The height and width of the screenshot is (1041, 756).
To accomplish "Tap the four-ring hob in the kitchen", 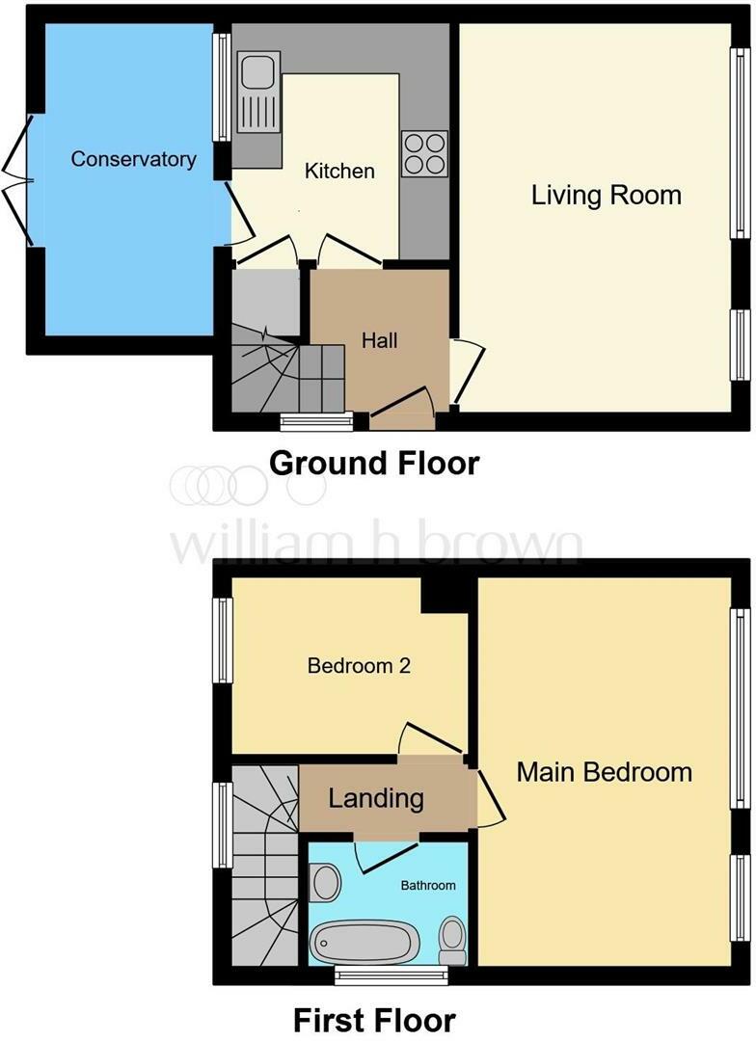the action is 424,153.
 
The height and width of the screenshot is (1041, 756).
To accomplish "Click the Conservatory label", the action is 133,159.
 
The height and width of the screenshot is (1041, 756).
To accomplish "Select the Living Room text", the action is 606,195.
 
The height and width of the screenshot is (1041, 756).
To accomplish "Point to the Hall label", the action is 379,340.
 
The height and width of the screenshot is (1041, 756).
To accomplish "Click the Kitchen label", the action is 339,171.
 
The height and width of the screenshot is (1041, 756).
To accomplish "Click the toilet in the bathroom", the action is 453,940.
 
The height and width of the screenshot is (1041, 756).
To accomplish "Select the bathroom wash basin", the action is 325,882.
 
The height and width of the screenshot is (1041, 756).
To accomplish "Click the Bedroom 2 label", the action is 359,665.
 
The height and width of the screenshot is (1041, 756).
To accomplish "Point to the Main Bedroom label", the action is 604,772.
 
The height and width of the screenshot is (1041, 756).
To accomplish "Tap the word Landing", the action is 376,797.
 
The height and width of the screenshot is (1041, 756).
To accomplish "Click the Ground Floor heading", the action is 374,463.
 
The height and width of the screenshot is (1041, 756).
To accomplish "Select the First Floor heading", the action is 375,1020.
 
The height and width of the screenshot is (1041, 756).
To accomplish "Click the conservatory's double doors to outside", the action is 17,180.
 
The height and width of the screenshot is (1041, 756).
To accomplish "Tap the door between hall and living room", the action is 468,372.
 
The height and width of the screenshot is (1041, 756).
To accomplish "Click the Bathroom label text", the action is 428,885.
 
